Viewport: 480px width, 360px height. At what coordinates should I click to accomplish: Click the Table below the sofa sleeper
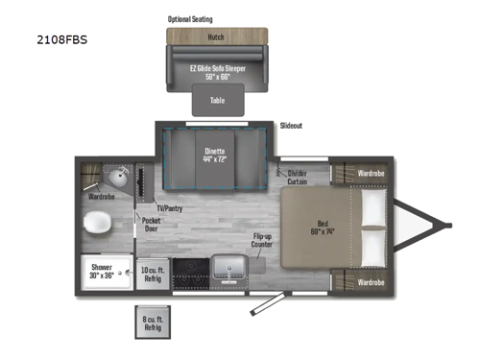(218, 99)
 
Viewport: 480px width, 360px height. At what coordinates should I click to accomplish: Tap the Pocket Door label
(152, 225)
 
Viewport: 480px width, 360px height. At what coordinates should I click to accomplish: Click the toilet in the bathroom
(98, 224)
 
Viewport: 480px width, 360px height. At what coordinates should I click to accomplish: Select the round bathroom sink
(120, 179)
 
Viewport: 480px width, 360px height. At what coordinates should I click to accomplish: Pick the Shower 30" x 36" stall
(102, 271)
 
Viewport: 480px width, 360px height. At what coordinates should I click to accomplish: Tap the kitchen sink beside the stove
(228, 268)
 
